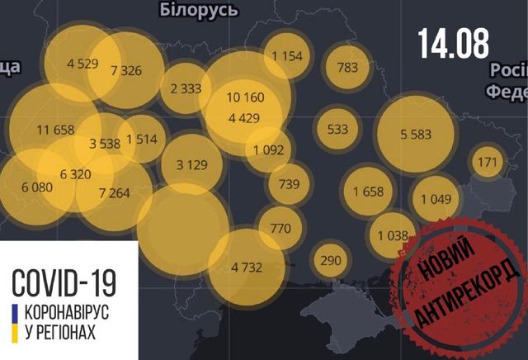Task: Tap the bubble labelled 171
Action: point(488,163)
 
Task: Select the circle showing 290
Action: point(330,261)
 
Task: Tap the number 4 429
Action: point(244,118)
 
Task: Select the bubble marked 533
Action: point(338,130)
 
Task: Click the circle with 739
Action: point(289,183)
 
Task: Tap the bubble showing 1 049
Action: point(436,198)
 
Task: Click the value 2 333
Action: point(186,88)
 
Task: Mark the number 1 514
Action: point(141,139)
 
